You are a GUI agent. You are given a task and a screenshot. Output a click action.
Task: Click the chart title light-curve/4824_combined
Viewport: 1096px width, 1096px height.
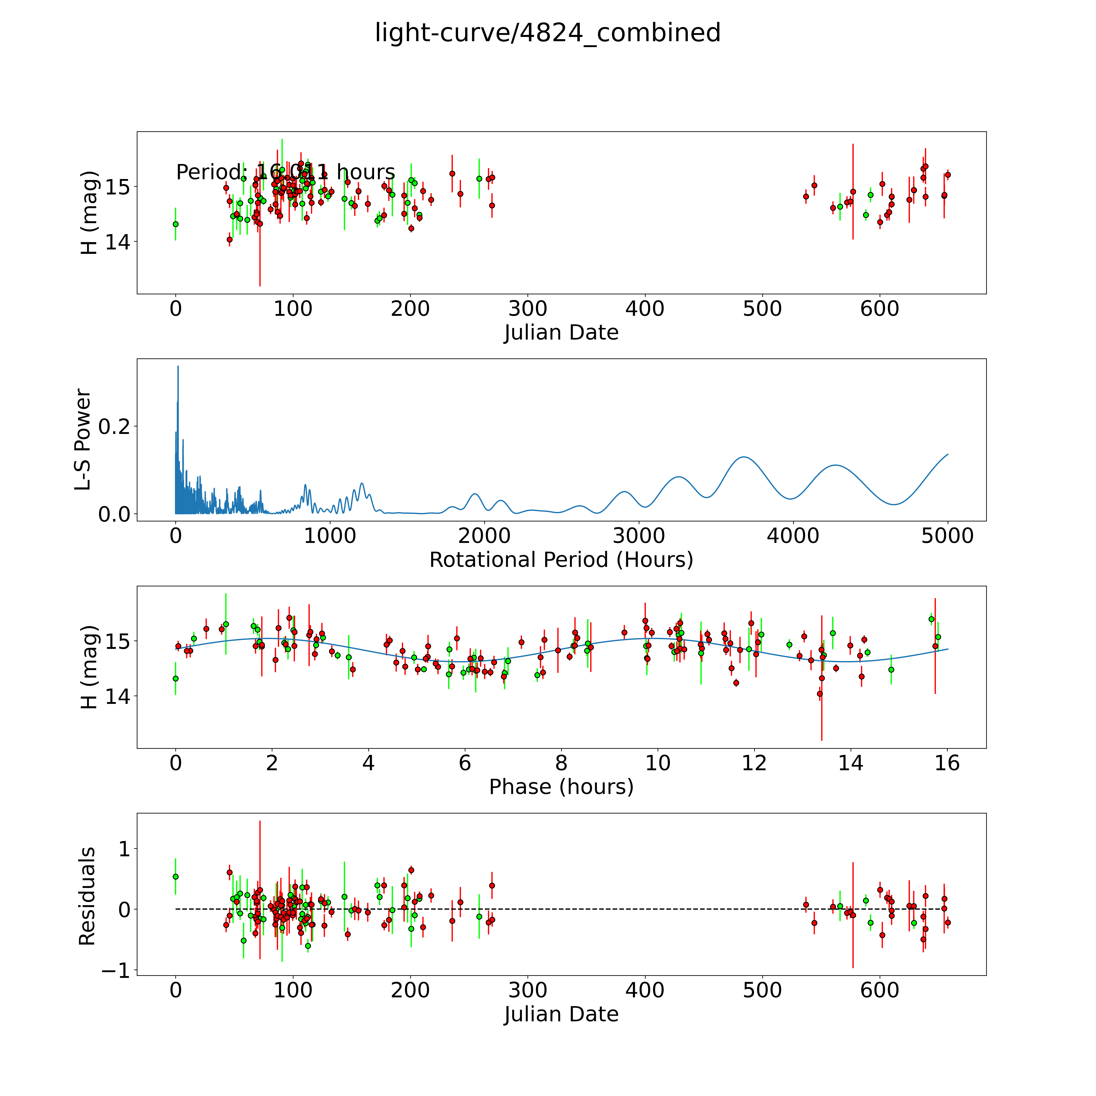click(547, 33)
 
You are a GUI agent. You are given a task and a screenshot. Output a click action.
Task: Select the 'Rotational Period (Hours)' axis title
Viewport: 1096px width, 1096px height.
click(561, 560)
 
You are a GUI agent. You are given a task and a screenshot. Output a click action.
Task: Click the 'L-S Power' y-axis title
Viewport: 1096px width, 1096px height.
click(83, 440)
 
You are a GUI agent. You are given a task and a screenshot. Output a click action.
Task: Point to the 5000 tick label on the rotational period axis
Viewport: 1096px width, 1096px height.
click(947, 536)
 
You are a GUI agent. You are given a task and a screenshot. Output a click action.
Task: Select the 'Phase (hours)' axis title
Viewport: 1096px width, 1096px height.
click(561, 787)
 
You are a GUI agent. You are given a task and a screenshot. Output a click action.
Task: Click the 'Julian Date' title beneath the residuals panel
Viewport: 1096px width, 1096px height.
click(561, 1014)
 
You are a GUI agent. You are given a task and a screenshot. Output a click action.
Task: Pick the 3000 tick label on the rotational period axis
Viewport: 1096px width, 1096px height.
click(639, 536)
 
